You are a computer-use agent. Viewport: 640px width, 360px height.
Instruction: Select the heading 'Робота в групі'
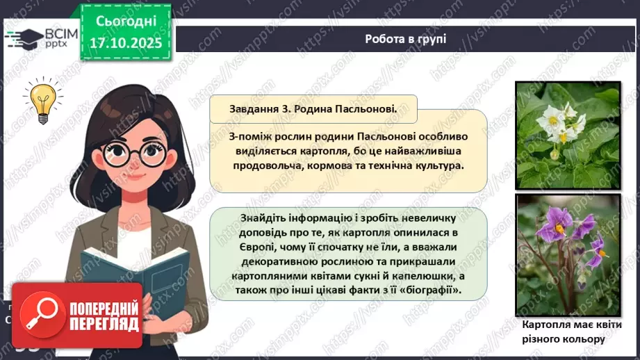click(405, 39)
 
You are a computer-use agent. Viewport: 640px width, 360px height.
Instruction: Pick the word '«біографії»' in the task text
click(430, 289)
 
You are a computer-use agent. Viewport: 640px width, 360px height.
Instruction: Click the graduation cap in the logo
click(26, 37)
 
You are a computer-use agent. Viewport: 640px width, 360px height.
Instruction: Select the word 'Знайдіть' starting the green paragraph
click(249, 218)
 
